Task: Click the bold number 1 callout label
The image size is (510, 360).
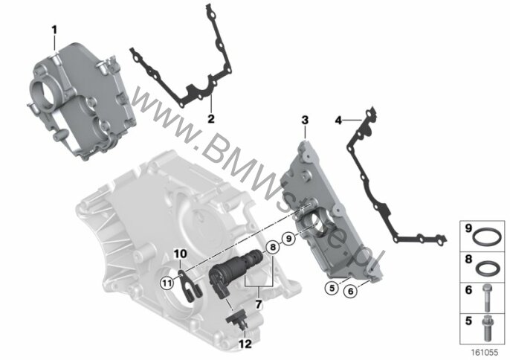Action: click(54, 30)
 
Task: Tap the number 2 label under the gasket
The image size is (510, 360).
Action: click(211, 119)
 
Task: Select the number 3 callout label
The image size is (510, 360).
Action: click(305, 120)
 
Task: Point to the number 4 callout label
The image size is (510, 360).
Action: click(338, 120)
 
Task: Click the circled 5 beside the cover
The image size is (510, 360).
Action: click(332, 288)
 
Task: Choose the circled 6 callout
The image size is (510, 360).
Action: click(351, 291)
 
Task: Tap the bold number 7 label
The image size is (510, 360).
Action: click(259, 304)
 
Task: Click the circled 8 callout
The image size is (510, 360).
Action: click(273, 248)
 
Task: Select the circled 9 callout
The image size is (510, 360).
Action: click(288, 239)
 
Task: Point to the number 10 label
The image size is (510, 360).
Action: click(180, 253)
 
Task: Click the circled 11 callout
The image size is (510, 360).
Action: click(167, 283)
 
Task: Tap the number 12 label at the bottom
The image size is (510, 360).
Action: click(245, 344)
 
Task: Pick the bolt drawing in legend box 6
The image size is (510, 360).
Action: click(486, 298)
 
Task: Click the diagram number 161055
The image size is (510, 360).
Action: click(485, 352)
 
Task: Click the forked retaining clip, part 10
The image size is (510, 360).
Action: click(190, 286)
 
